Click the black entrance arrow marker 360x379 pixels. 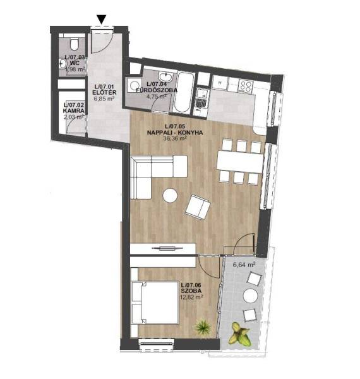[x=102, y=20]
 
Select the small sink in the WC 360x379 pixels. [x=63, y=64]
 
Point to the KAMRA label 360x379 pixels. [x=74, y=111]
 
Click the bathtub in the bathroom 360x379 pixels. [x=184, y=92]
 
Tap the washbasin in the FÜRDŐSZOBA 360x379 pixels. [x=165, y=77]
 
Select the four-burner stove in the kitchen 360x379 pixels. [x=246, y=87]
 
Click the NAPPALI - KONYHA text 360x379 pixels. [x=175, y=133]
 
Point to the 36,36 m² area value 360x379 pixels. [x=175, y=138]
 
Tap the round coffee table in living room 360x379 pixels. [x=170, y=196]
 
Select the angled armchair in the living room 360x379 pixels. [x=198, y=207]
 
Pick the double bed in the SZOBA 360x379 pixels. [x=155, y=303]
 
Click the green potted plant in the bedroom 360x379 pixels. [x=203, y=327]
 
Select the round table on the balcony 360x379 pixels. [x=250, y=296]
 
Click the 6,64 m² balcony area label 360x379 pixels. [x=244, y=265]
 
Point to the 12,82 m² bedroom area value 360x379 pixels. [x=192, y=297]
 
